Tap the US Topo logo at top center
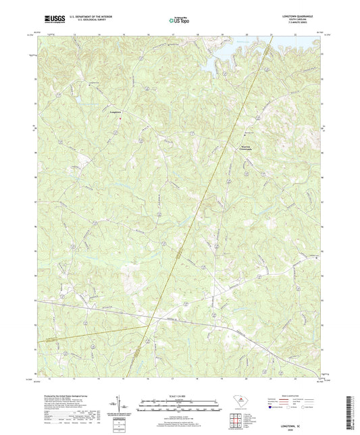point(178,22)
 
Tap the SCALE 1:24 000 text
point(179,396)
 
